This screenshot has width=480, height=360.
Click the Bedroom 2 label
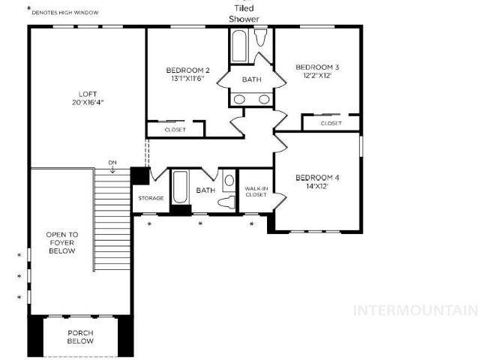(x=187, y=70)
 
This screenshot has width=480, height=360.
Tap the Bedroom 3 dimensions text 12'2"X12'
(x=317, y=76)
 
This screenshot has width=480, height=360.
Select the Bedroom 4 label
(x=317, y=178)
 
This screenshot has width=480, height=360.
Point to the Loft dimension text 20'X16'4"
(x=88, y=102)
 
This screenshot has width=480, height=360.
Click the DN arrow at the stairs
(x=112, y=169)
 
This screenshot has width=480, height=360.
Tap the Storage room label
(x=151, y=198)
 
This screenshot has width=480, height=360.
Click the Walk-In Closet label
(x=256, y=192)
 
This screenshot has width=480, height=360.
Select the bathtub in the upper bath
(x=239, y=46)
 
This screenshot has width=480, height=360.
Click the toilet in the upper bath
(x=260, y=37)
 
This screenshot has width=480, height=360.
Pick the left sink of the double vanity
(x=239, y=99)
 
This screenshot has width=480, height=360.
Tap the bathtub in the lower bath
(x=180, y=187)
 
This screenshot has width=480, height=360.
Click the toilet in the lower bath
(x=226, y=202)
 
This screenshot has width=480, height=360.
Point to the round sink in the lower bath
(x=229, y=180)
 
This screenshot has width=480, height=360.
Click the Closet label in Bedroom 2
(x=175, y=130)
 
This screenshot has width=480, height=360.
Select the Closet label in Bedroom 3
(x=331, y=123)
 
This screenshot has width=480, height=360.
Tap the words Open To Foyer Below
(x=62, y=243)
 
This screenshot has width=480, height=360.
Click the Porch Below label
(x=80, y=337)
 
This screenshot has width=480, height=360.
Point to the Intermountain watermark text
(x=416, y=310)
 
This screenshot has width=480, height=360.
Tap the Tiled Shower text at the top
(x=244, y=13)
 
